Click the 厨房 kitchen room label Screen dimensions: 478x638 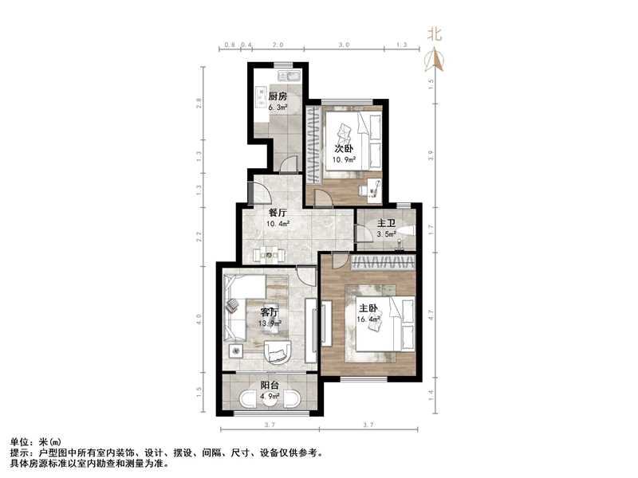click(278, 96)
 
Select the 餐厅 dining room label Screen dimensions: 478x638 click(278, 213)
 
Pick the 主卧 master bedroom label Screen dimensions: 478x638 click(368, 309)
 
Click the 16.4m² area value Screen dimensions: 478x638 click(368, 320)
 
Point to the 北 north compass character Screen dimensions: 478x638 click(435, 33)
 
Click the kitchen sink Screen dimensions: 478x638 click(291, 77)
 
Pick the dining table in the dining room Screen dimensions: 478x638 click(270, 256)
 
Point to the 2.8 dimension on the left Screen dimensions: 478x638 click(201, 103)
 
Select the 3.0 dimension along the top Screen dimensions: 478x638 click(343, 45)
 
